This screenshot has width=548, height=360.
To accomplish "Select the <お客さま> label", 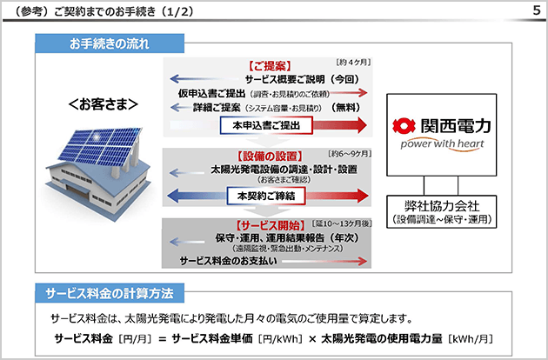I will [103, 104].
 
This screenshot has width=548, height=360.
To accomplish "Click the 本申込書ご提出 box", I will [265, 126].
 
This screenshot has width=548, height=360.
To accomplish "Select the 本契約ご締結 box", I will [265, 197].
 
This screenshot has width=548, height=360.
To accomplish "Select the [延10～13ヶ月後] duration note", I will [344, 223].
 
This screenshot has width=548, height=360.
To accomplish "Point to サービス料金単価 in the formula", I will [212, 337].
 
